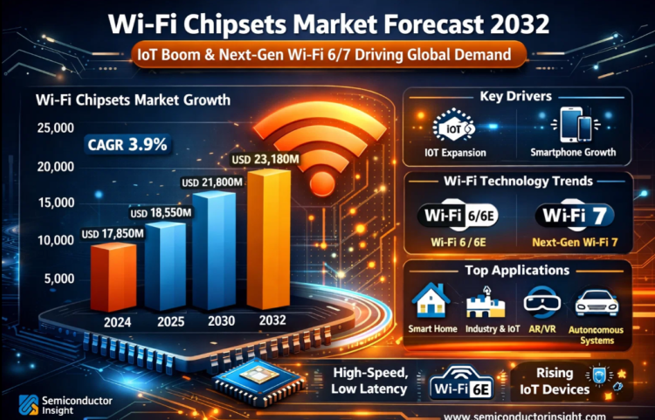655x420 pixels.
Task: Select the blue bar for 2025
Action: pyautogui.click(x=164, y=266)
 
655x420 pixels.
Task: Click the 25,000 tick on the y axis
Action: pyautogui.click(x=55, y=129)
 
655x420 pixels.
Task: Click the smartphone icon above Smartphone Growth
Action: pyautogui.click(x=572, y=124)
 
